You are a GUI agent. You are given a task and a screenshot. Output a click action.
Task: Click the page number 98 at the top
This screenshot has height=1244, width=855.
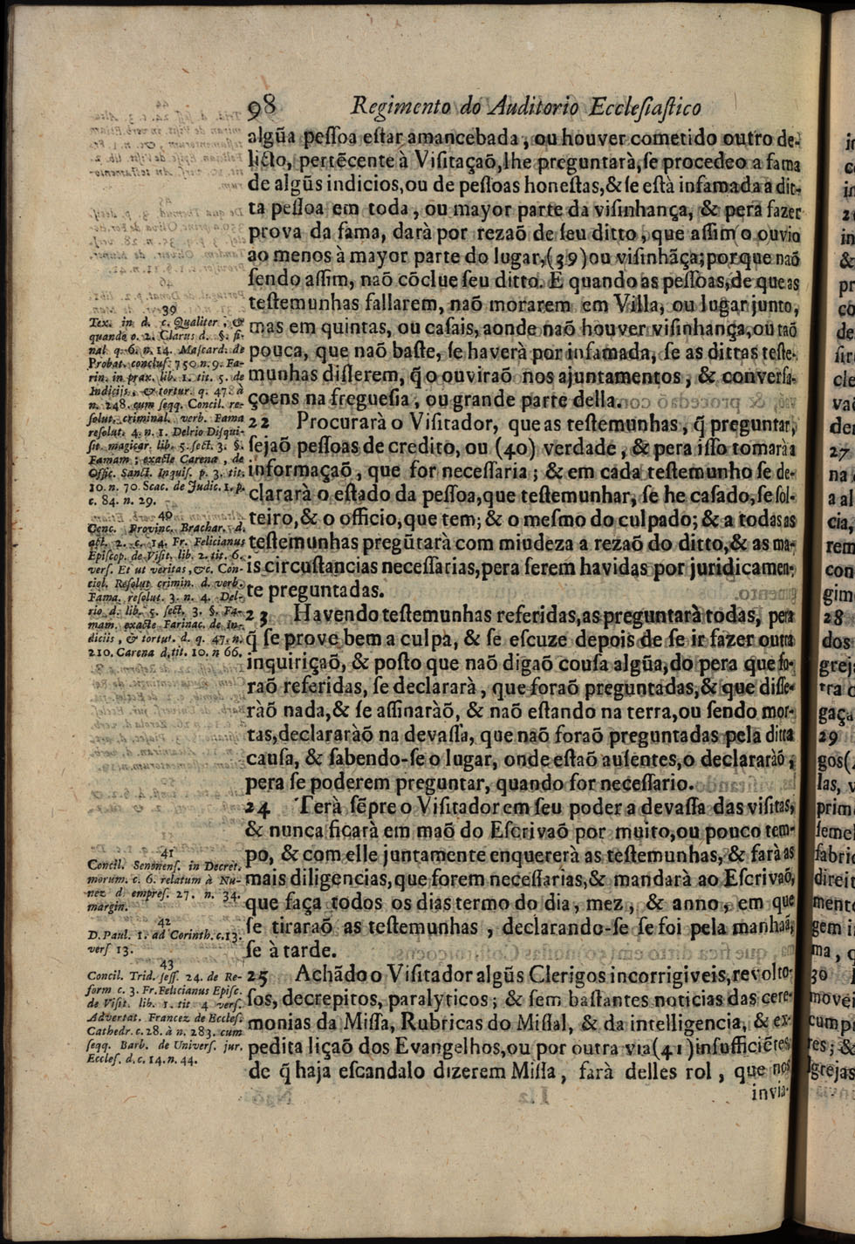click(x=263, y=108)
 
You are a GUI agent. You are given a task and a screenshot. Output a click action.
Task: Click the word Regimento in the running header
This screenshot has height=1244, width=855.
click(x=393, y=107)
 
